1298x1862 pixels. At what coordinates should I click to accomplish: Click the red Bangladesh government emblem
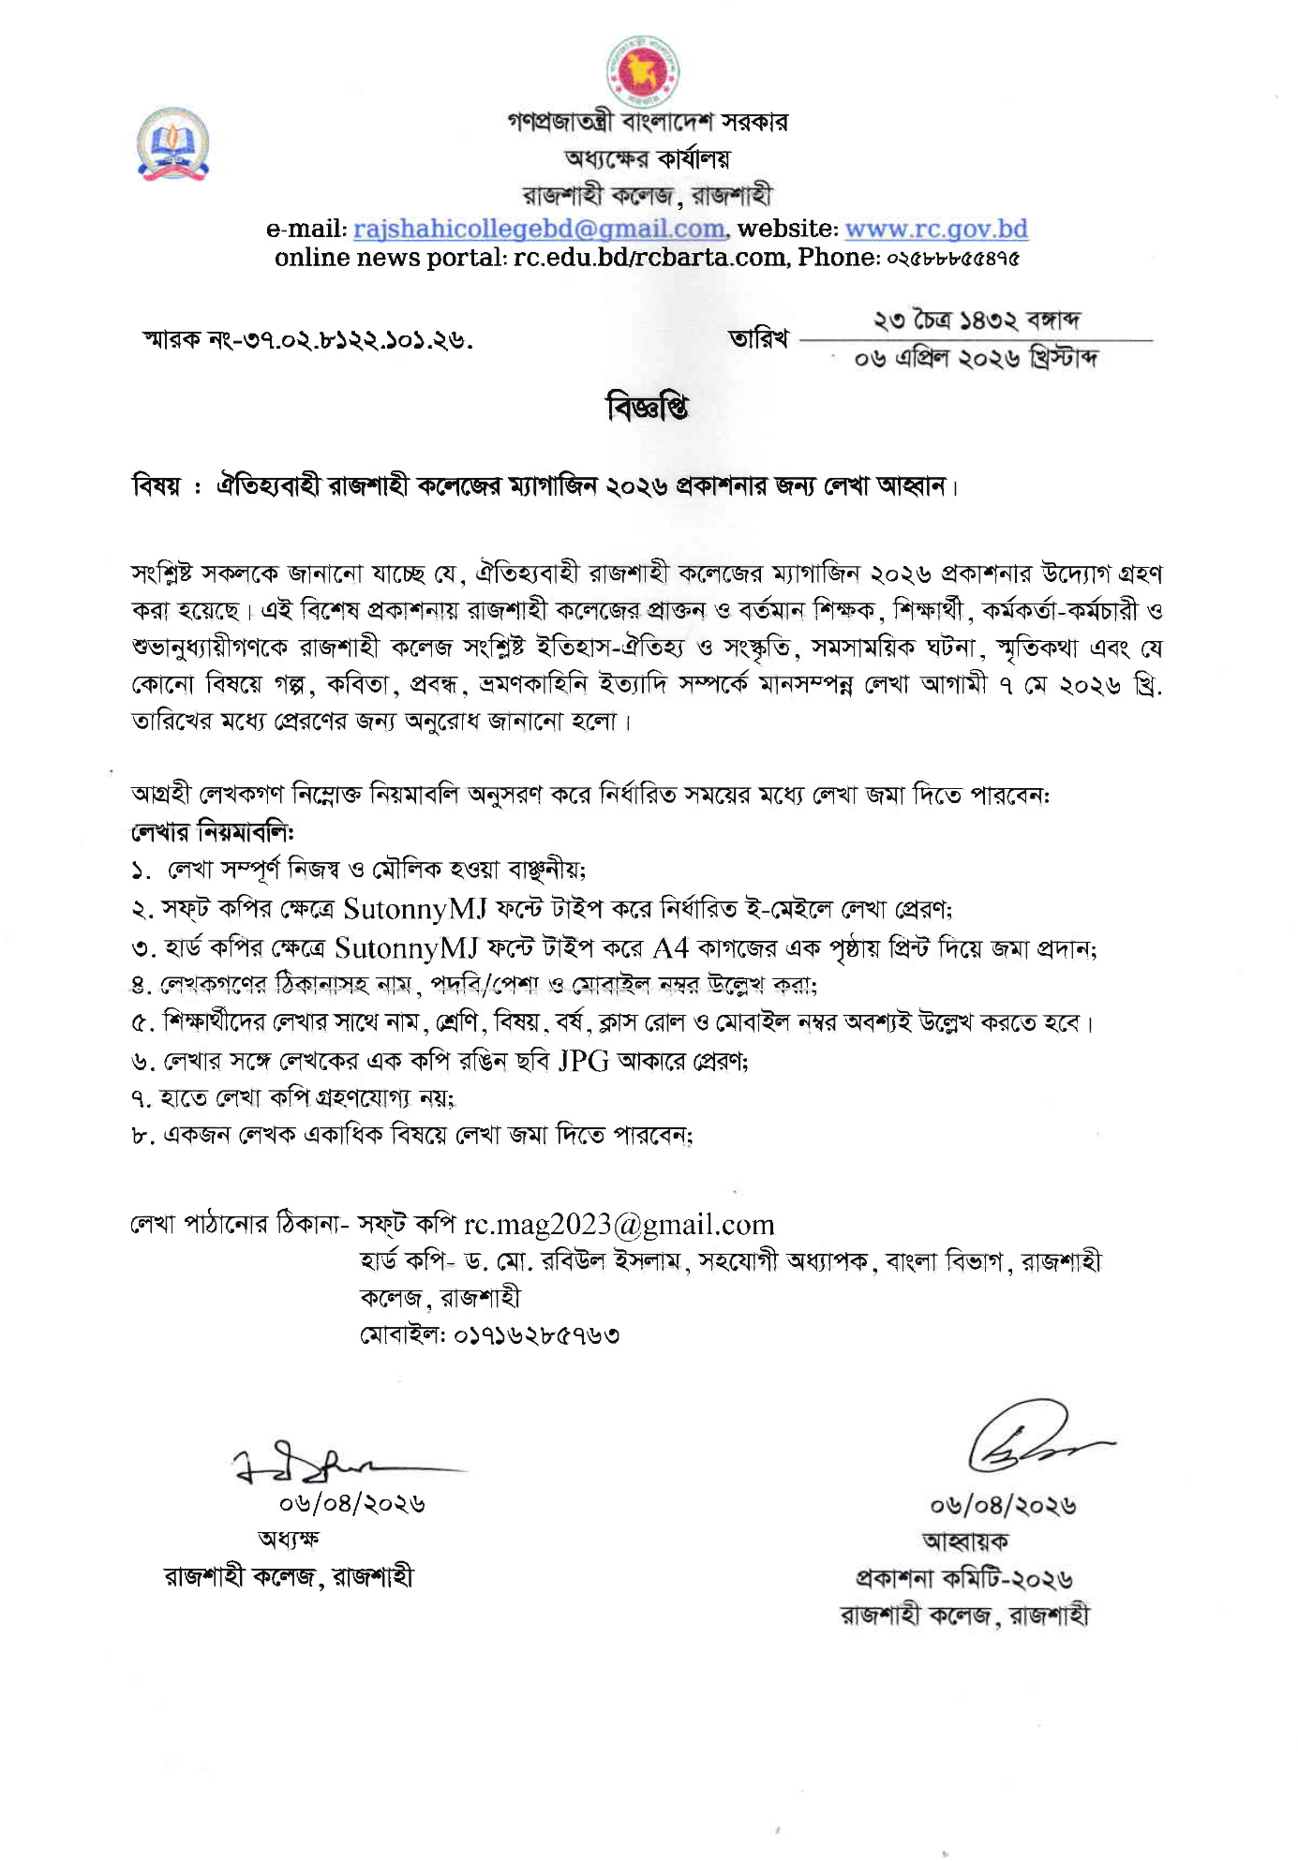(x=643, y=71)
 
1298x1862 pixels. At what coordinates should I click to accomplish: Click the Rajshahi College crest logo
(x=172, y=144)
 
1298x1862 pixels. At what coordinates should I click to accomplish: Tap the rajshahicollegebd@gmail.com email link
(x=539, y=229)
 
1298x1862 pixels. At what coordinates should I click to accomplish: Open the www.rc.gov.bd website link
(x=935, y=229)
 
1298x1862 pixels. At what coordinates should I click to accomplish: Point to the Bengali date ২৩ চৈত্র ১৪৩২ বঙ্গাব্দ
(x=976, y=320)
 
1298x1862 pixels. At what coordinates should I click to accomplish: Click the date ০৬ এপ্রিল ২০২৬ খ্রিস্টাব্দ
(x=975, y=358)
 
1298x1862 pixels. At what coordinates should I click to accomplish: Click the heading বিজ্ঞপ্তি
(x=648, y=408)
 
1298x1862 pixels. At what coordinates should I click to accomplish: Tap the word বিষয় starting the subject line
(x=156, y=486)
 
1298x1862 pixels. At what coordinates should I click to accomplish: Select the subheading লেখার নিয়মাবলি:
(x=213, y=832)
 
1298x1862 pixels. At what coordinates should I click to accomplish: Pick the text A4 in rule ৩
(x=670, y=948)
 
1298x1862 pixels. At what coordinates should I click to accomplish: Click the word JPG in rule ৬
(x=583, y=1061)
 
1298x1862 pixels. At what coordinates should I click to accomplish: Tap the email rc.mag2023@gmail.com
(x=619, y=1225)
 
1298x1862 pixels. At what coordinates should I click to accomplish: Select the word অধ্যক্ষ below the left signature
(x=289, y=1539)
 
